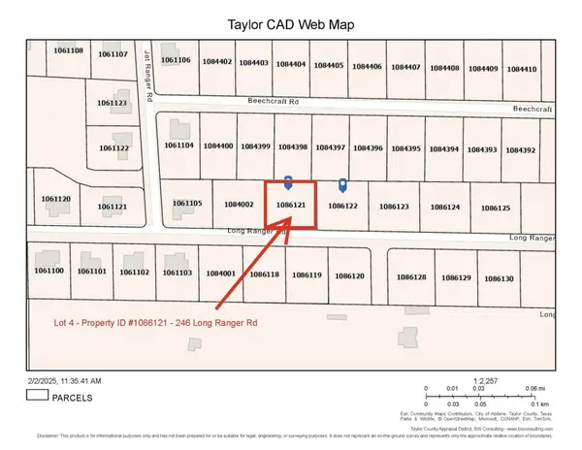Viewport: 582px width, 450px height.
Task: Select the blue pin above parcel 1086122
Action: point(342,184)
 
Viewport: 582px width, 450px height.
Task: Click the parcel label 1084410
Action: point(521,68)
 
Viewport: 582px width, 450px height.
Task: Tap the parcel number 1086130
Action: point(498,278)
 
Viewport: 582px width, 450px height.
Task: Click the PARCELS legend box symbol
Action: point(39,396)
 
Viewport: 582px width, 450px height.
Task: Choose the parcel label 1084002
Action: point(238,204)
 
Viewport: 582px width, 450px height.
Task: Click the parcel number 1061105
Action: point(187,203)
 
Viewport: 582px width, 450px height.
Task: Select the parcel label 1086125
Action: point(495,209)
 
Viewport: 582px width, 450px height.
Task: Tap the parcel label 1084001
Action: point(221,273)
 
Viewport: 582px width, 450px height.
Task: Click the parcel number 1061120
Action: point(56,198)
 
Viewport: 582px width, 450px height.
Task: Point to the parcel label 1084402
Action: point(217,62)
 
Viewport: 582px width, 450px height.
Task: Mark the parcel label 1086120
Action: point(349,276)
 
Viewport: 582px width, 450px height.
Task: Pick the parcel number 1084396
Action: point(368,147)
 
